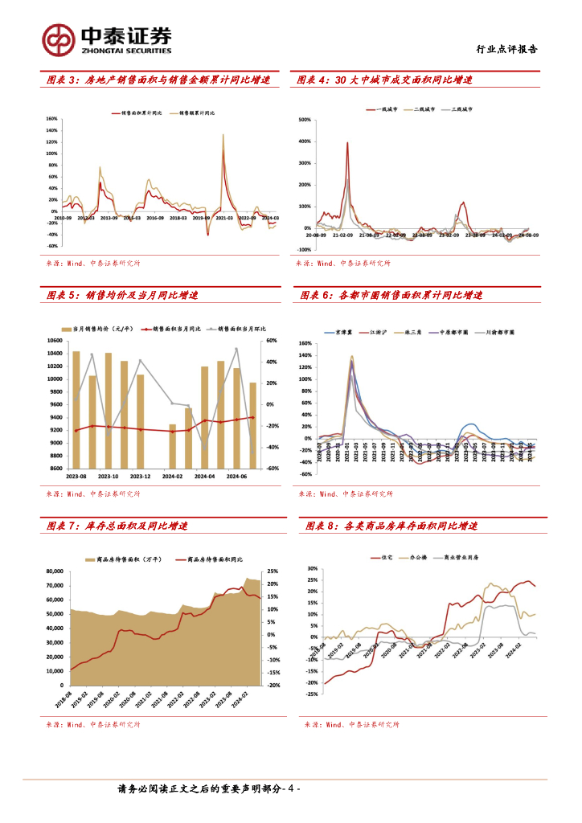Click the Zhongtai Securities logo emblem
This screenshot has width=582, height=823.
59,39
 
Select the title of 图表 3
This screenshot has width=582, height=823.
159,80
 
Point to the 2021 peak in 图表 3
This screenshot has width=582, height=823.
223,135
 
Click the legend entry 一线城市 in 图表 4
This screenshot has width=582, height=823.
391,109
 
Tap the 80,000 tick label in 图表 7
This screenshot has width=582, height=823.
53,571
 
